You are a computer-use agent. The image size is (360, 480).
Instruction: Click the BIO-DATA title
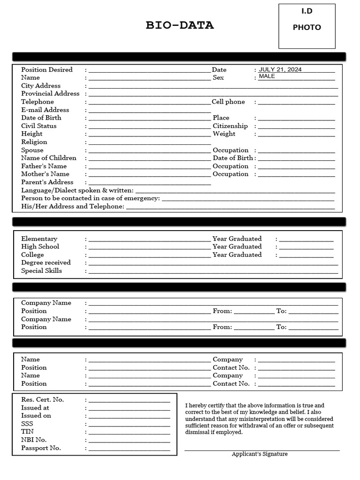(x=180, y=26)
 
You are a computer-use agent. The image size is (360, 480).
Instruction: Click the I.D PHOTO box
(x=307, y=26)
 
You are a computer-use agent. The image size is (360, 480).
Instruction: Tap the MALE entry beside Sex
(x=267, y=76)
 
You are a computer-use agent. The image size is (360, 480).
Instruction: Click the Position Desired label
(x=47, y=70)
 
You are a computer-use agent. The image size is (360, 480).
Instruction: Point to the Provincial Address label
(x=50, y=94)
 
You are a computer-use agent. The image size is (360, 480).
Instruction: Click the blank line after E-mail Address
(x=150, y=111)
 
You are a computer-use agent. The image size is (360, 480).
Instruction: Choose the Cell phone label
(x=228, y=102)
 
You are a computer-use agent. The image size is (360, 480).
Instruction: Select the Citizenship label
(x=230, y=126)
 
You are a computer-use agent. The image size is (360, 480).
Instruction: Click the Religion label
(x=34, y=142)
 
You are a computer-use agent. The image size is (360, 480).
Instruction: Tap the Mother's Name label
(x=45, y=174)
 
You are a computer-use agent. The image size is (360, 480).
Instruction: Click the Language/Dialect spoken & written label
(x=77, y=190)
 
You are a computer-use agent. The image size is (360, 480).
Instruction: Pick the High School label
(x=40, y=247)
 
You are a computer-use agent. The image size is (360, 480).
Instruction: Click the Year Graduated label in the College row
(x=237, y=255)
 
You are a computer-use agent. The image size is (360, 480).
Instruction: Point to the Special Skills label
(x=41, y=271)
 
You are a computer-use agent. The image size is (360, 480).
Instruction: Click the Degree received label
(x=46, y=263)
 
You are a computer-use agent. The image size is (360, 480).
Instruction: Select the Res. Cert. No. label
(x=43, y=400)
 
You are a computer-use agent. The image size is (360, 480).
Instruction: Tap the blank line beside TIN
(x=129, y=433)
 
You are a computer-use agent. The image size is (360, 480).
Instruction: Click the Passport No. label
(x=41, y=448)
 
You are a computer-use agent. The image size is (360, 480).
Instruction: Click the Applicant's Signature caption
(x=260, y=454)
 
